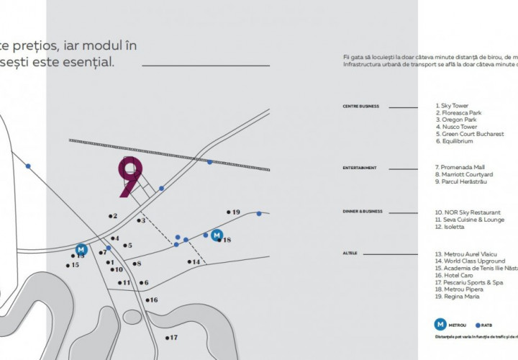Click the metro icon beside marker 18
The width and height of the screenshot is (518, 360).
(x=215, y=234)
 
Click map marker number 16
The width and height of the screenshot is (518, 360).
(x=151, y=300)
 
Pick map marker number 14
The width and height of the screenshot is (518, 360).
(x=194, y=261)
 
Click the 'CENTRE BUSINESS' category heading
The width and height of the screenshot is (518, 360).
(x=360, y=106)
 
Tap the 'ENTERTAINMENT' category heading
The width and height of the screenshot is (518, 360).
(x=359, y=168)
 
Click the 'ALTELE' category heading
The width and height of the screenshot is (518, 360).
(x=350, y=253)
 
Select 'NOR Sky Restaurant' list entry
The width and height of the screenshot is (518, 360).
(x=468, y=212)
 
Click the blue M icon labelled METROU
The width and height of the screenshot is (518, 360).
(x=438, y=324)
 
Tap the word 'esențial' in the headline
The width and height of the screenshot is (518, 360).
(x=87, y=63)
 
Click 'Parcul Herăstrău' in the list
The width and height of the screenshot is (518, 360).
(x=463, y=181)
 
